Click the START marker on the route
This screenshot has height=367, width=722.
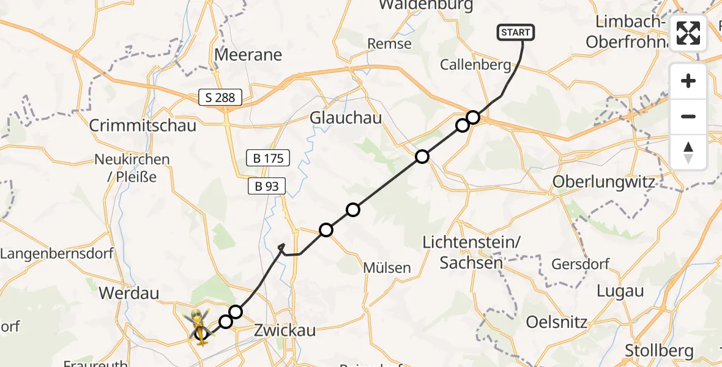(x=517, y=32)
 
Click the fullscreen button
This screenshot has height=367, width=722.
(x=688, y=33)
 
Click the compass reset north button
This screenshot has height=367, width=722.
(x=688, y=152)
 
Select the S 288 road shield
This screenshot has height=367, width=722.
(x=220, y=97)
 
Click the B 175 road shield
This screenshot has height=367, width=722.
(x=267, y=158)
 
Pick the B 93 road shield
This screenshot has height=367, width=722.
(x=267, y=186)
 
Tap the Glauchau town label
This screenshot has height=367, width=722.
(x=346, y=117)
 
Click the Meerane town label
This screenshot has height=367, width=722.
(x=248, y=54)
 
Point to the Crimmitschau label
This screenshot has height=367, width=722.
(x=143, y=125)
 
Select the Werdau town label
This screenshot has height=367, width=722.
(x=128, y=293)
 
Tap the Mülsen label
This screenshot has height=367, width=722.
(x=387, y=268)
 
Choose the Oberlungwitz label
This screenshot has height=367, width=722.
(x=603, y=182)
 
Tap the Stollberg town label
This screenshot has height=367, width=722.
(x=659, y=350)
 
